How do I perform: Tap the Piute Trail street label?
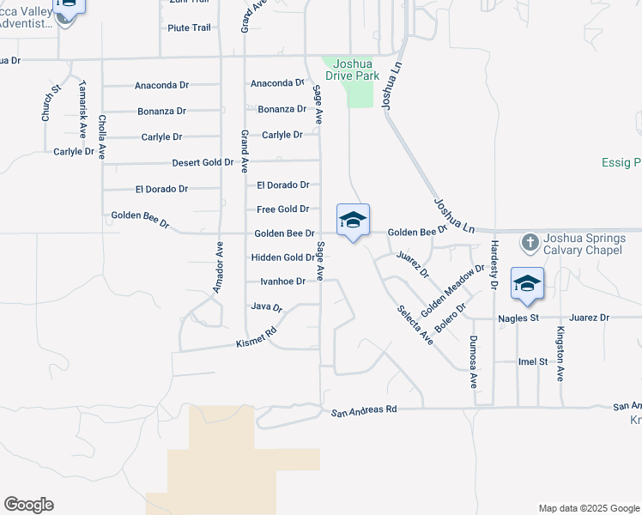tap(189, 28)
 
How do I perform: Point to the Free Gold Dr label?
tap(282, 209)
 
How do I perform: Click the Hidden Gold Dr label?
tap(282, 257)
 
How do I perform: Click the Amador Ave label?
tap(218, 268)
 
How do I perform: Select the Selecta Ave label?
tap(415, 325)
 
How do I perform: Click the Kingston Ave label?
tap(560, 353)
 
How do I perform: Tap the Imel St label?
tap(532, 362)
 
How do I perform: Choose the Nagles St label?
tap(518, 318)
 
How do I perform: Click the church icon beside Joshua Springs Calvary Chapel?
tap(530, 243)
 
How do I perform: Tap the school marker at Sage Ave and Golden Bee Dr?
tap(353, 221)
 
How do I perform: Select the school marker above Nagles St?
tap(526, 284)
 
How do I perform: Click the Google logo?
tap(28, 505)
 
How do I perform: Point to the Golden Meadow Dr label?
tap(452, 288)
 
